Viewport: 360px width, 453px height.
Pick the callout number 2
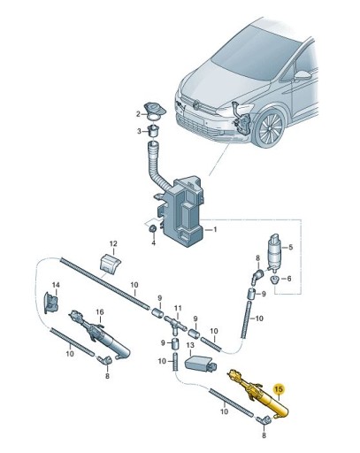[138, 114]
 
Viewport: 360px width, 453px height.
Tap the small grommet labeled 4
[152, 231]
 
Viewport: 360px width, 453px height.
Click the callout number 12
[112, 243]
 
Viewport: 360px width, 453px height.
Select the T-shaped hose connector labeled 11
[177, 326]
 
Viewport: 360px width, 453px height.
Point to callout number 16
[100, 312]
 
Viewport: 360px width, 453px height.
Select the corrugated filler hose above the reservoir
[158, 169]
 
